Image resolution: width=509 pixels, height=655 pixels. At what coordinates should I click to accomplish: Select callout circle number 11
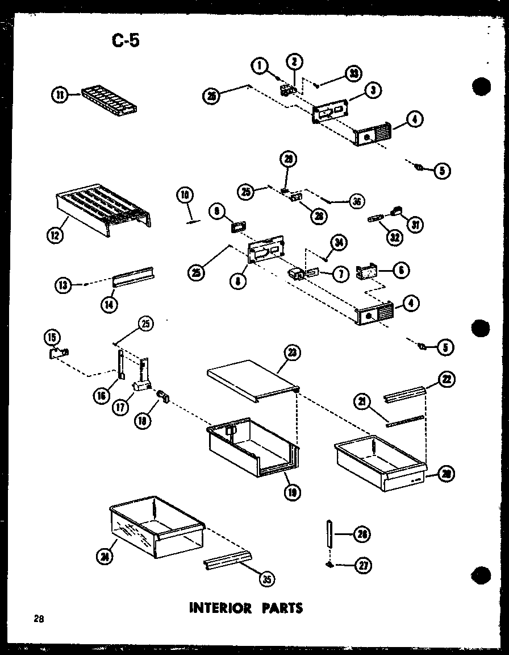[59, 96]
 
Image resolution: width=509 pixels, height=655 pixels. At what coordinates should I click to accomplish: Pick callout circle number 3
[373, 89]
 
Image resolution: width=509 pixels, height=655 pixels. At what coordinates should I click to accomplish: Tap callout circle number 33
[353, 73]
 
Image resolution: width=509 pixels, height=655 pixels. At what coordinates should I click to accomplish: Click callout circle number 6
[401, 271]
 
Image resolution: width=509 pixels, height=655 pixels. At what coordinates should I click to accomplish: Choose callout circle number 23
[291, 352]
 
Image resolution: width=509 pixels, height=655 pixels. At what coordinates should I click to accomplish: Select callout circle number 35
[266, 579]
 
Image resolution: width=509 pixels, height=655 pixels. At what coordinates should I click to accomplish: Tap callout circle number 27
[361, 565]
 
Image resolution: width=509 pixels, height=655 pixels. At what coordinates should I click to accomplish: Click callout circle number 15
[52, 338]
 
